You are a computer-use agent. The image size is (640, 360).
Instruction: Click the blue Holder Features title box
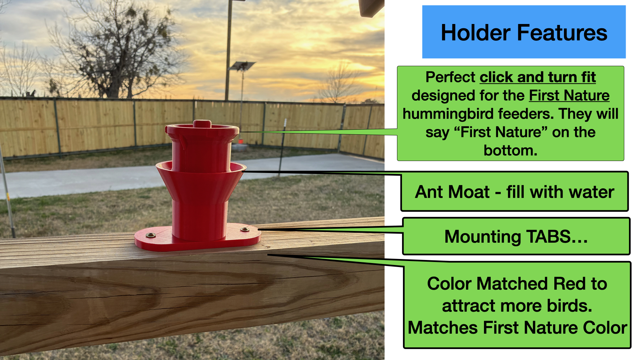(x=524, y=32)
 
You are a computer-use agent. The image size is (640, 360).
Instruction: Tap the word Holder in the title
(x=475, y=33)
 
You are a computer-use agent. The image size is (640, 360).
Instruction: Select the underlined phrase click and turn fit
(x=537, y=77)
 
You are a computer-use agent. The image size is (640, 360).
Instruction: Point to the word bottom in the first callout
(x=510, y=151)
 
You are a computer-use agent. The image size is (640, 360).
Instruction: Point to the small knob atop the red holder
(x=202, y=124)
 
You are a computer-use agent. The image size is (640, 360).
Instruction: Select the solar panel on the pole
(x=242, y=66)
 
